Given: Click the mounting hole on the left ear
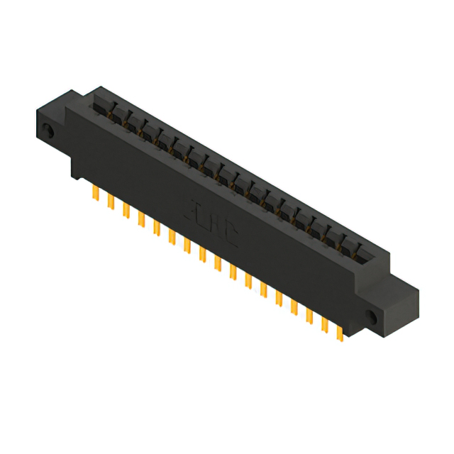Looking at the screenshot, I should coord(48,131).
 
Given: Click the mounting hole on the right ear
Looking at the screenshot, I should coord(373,315).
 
